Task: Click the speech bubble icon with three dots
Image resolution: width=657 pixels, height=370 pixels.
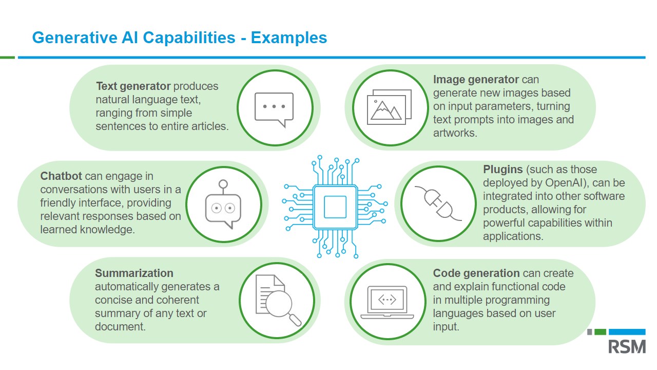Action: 274,108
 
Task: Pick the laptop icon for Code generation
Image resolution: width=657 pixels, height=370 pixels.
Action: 387,302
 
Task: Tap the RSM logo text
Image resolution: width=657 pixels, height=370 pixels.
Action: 627,346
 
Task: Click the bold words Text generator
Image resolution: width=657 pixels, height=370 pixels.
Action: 133,86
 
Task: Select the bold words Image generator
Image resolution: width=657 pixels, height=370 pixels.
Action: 476,80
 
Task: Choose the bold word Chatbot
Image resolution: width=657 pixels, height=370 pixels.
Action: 62,176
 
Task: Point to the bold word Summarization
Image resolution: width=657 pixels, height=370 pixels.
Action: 134,273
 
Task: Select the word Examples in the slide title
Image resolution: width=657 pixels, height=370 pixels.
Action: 289,38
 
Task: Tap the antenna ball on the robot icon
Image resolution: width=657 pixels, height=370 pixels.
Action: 223,184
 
